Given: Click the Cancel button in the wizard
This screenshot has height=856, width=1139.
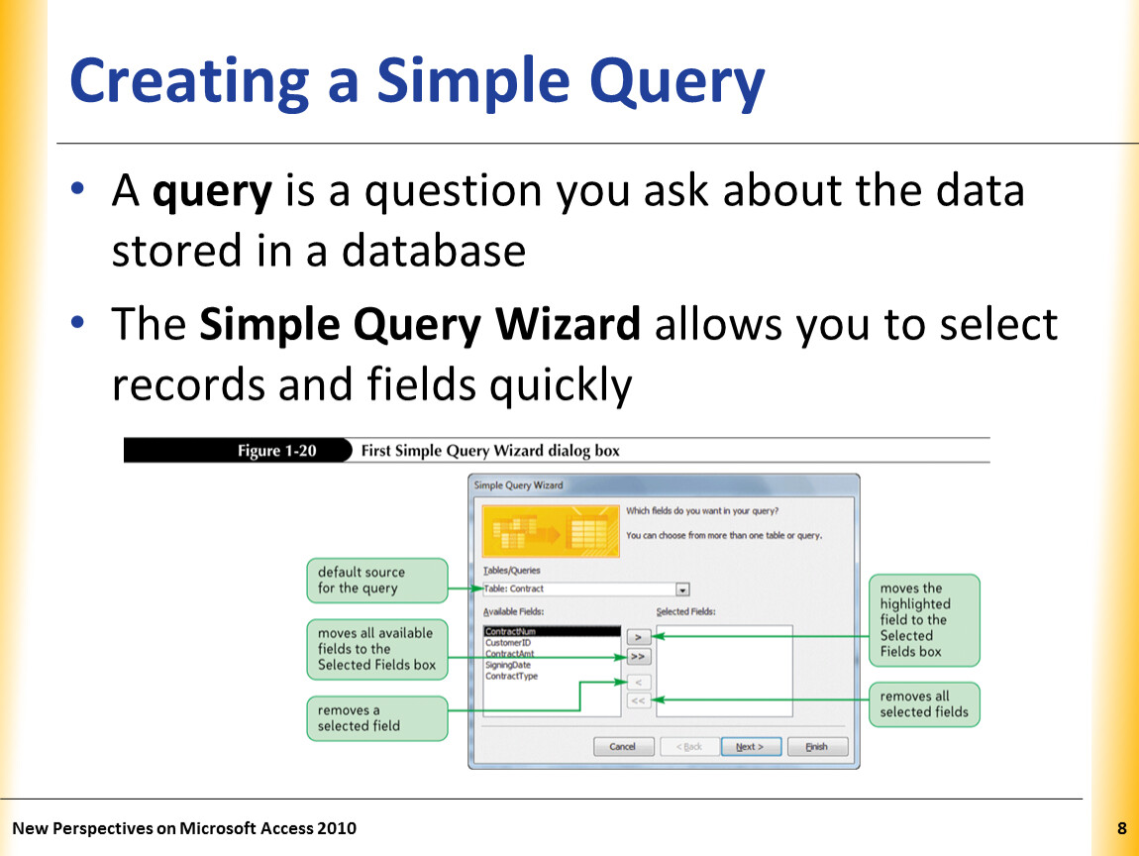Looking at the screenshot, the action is point(623,746).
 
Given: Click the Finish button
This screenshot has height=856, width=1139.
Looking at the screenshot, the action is point(816,746).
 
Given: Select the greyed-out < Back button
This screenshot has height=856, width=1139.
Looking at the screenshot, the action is point(688,746).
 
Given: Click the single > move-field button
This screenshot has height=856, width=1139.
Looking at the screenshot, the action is point(639,637).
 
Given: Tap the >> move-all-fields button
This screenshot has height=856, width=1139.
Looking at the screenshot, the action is point(639,657).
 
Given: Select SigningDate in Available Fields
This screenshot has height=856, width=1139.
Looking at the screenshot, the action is point(508,665).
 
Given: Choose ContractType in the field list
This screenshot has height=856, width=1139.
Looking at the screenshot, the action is point(511,676).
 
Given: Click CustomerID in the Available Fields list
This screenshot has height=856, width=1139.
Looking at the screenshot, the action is point(508,642).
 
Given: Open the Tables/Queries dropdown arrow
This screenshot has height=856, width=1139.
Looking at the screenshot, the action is point(682,589).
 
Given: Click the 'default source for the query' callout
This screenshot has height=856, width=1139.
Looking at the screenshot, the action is point(377,581).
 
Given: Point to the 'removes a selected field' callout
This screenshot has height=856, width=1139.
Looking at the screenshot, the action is point(377,718).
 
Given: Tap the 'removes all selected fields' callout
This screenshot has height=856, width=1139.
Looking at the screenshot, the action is point(924,704).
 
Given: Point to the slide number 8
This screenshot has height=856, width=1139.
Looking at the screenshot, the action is point(1121,828).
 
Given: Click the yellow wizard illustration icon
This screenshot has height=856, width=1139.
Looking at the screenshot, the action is point(551,531).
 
